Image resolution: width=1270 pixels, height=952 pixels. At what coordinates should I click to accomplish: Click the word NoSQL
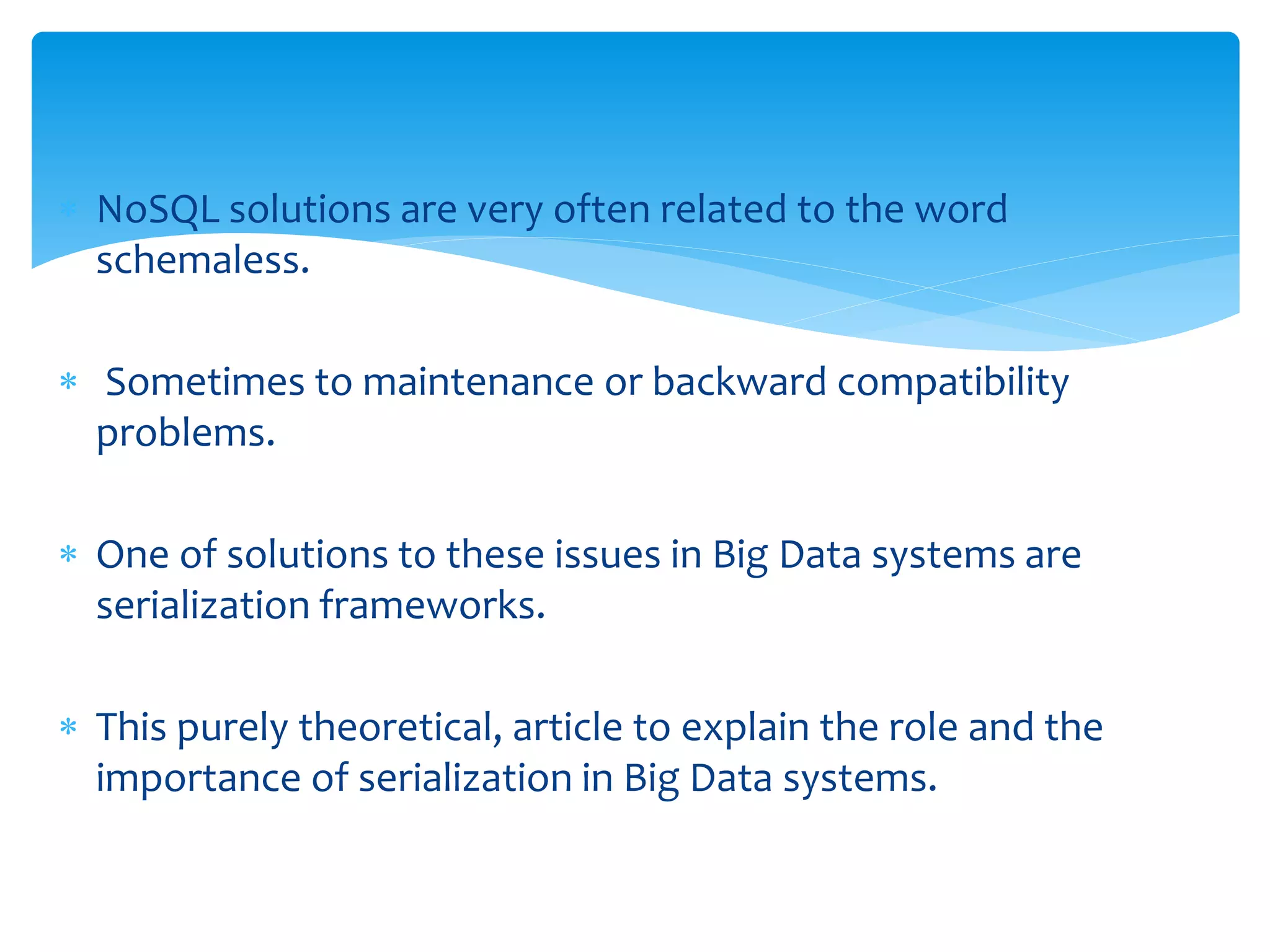click(x=158, y=209)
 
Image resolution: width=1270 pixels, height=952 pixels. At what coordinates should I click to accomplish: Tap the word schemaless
click(x=202, y=260)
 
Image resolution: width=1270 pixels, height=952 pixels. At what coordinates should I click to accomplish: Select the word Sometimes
click(x=205, y=382)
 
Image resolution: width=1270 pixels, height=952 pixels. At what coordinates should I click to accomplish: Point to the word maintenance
click(x=478, y=382)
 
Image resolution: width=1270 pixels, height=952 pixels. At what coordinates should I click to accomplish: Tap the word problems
click(x=185, y=434)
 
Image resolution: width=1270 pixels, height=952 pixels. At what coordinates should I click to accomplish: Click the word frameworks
click(x=432, y=605)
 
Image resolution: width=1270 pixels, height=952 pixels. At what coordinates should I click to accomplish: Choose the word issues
click(x=607, y=555)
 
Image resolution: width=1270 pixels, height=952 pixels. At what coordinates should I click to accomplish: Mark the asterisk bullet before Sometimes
click(x=68, y=382)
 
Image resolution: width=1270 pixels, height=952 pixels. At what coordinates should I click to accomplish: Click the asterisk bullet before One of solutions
click(x=68, y=554)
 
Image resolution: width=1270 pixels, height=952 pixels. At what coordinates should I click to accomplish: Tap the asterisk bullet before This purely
click(x=68, y=726)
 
